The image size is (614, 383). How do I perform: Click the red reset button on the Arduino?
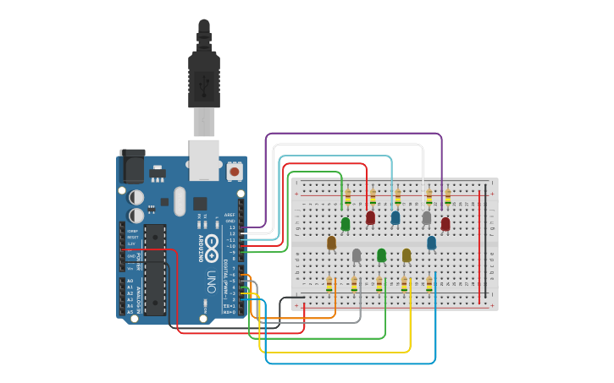point(234,172)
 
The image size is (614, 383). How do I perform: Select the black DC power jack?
point(131,167)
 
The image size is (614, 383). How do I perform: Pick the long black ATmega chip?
point(155,271)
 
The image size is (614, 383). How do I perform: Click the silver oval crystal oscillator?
point(179,200)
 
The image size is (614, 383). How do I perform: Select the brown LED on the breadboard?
point(331,243)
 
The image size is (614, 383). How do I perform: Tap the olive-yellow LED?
point(407,254)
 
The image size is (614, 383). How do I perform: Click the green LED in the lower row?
point(381,254)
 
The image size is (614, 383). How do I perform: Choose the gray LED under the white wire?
point(427,218)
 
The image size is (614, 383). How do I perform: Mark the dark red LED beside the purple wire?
point(445,224)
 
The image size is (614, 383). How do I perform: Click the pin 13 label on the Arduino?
point(231,227)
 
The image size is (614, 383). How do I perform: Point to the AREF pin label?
point(230,216)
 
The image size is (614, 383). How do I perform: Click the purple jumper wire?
point(356,134)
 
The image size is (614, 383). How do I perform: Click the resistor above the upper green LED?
point(347,197)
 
